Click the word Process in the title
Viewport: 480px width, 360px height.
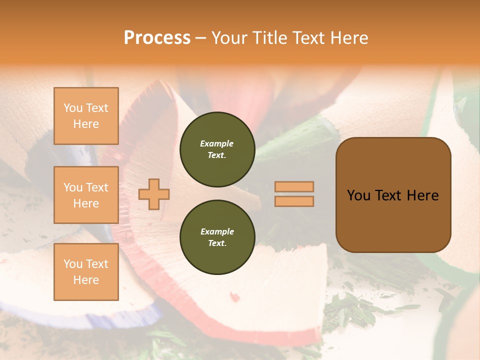pyautogui.click(x=157, y=38)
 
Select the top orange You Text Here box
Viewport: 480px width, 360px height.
pyautogui.click(x=86, y=116)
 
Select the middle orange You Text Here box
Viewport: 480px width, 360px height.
pyautogui.click(x=86, y=195)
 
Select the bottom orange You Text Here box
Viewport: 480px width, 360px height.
pyautogui.click(x=86, y=271)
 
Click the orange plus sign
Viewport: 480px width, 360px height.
pyautogui.click(x=154, y=194)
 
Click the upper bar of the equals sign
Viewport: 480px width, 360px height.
pyautogui.click(x=294, y=186)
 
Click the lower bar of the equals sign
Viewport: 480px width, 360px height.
pyautogui.click(x=294, y=201)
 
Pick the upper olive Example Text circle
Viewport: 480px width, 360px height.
pyautogui.click(x=217, y=149)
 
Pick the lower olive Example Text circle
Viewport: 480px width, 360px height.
pyautogui.click(x=217, y=237)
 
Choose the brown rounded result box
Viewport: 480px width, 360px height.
pyautogui.click(x=393, y=195)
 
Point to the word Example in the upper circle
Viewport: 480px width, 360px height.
pyautogui.click(x=217, y=143)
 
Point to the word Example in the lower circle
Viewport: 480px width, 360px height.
pyautogui.click(x=217, y=231)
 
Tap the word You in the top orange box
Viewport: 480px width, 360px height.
pyautogui.click(x=73, y=108)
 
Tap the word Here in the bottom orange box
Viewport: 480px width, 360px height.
pyautogui.click(x=86, y=280)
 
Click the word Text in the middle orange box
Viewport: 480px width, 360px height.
pyautogui.click(x=97, y=187)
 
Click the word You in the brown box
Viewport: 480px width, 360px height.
pyautogui.click(x=358, y=195)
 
